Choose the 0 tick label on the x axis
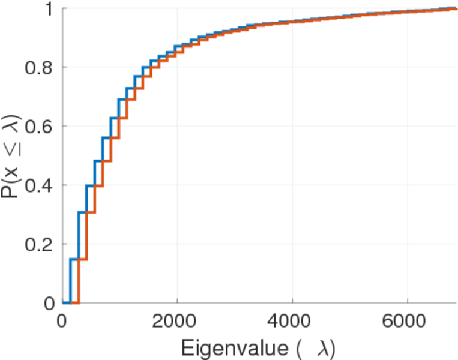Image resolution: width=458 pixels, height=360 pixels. coord(62,321)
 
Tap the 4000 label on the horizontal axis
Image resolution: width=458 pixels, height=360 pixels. coord(292,321)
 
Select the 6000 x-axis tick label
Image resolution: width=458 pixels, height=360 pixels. coord(407,321)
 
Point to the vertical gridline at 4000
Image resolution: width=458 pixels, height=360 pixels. coord(292,180)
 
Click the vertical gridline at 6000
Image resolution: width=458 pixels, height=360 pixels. coord(407,180)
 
